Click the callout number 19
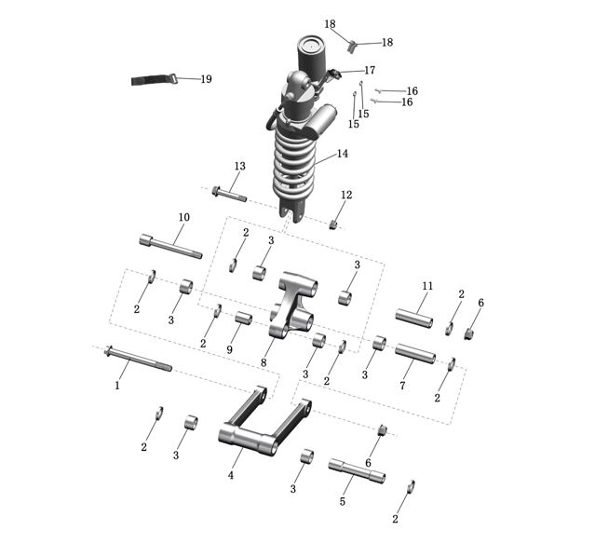click(x=206, y=79)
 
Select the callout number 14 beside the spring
click(x=343, y=154)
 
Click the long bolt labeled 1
click(x=138, y=358)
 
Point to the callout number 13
click(x=240, y=166)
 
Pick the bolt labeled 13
click(x=229, y=194)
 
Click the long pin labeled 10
click(x=170, y=247)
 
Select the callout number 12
click(x=346, y=195)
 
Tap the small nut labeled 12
click(x=333, y=224)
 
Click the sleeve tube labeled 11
click(x=414, y=319)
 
